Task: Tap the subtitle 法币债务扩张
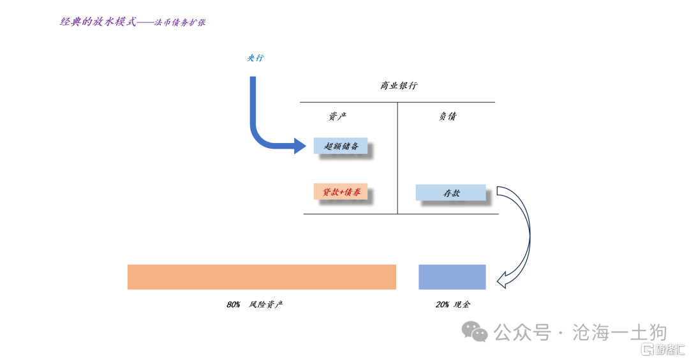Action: click(x=180, y=22)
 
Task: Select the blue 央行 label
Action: click(x=255, y=58)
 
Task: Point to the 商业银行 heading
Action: click(x=399, y=86)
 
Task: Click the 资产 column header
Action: click(x=337, y=116)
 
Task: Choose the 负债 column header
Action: click(x=447, y=116)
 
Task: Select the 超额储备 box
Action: click(x=341, y=146)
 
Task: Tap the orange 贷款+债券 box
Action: click(x=341, y=191)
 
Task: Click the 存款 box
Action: click(x=450, y=193)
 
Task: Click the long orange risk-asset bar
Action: click(x=262, y=277)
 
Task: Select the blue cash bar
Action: click(x=452, y=277)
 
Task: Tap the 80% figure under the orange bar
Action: click(x=233, y=304)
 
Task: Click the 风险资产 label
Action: click(x=266, y=304)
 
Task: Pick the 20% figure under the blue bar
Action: click(x=442, y=304)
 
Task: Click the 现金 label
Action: click(x=462, y=304)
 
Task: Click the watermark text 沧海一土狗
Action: click(x=619, y=333)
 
